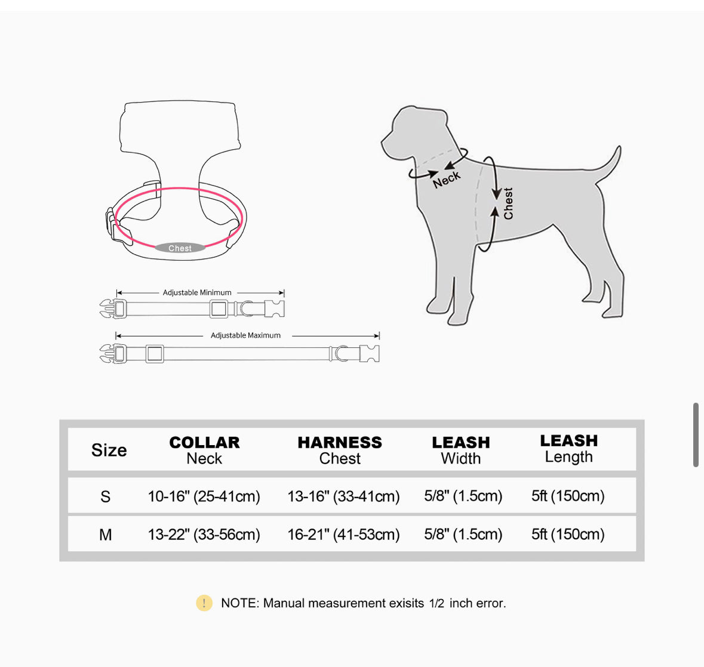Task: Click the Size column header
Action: click(x=109, y=450)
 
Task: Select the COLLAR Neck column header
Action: click(x=204, y=450)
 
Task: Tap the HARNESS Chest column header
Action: click(x=340, y=450)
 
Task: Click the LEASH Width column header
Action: click(x=461, y=450)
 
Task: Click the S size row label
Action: click(x=106, y=497)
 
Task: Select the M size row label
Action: click(x=106, y=535)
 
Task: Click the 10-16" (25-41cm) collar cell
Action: click(x=204, y=496)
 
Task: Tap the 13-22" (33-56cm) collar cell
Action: click(x=204, y=535)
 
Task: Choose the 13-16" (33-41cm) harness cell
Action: click(x=343, y=496)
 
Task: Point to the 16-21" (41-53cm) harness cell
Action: click(x=343, y=535)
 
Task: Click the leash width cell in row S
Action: click(x=463, y=496)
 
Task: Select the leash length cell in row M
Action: click(x=568, y=534)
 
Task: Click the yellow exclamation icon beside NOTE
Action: click(x=204, y=603)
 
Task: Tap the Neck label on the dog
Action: click(x=447, y=179)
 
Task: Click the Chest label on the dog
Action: click(x=508, y=203)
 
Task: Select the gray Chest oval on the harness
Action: click(x=180, y=248)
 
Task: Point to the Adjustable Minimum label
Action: click(x=197, y=292)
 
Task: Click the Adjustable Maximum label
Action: click(x=245, y=335)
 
